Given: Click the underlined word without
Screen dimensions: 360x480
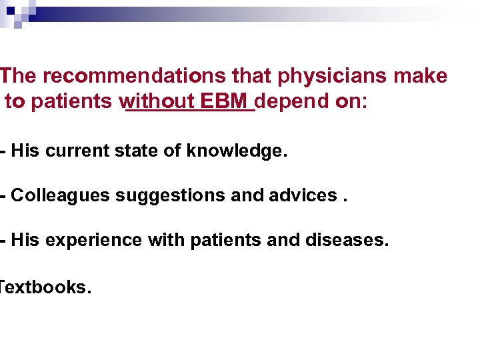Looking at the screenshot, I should coord(157,102).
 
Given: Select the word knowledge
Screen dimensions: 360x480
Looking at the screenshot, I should coord(237,151).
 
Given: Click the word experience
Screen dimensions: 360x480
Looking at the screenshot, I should coord(93,240).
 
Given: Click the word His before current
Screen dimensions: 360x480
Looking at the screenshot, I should coord(26,151).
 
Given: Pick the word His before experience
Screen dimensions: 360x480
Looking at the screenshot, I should coord(26,239).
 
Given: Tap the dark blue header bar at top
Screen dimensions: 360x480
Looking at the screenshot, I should coord(133,14).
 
